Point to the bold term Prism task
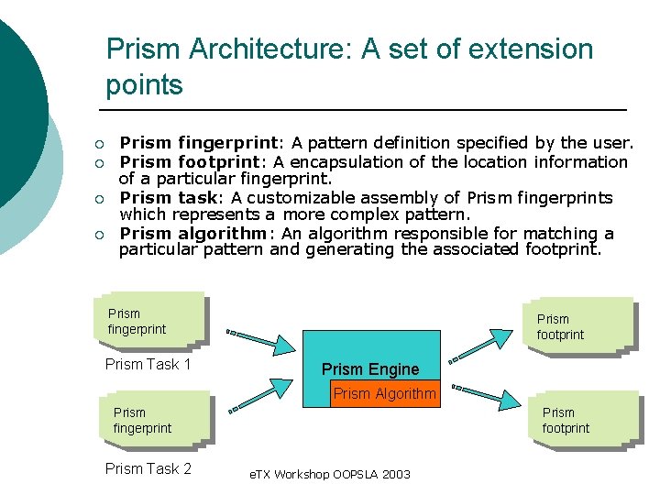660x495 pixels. point(172,197)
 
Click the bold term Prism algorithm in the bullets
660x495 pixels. point(193,233)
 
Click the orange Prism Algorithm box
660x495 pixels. point(384,394)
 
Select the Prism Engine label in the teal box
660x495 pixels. point(370,369)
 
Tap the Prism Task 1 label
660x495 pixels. point(148,365)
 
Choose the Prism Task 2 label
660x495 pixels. point(148,469)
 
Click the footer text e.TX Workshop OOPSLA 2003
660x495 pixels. point(330,475)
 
